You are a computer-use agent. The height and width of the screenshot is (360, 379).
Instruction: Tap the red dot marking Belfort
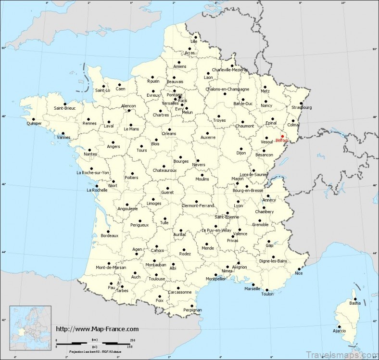pos(282,136)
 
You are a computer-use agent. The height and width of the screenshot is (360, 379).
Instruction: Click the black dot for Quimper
pos(34,119)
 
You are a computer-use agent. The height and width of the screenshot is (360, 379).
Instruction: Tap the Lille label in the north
pos(194,41)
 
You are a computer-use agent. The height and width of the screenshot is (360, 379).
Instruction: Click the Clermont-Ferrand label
pos(198,206)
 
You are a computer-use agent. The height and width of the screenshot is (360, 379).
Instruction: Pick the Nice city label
pos(299,273)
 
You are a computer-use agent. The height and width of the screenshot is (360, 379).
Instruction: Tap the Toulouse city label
pos(157,279)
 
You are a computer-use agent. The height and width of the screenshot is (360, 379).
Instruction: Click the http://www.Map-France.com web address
pos(98,329)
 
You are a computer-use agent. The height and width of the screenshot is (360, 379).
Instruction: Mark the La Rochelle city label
pos(96,190)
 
